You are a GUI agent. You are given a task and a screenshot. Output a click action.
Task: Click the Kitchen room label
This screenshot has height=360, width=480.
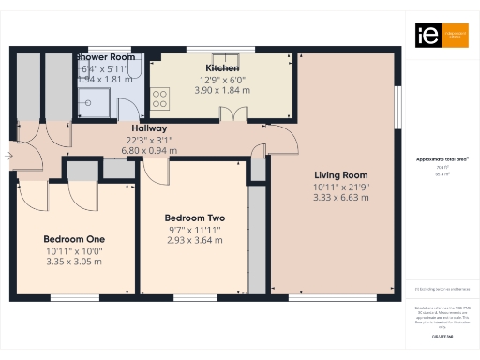222,68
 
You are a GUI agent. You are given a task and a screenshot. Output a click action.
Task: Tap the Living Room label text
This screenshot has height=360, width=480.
340,175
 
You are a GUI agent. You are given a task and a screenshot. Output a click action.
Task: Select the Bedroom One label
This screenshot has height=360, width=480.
74,239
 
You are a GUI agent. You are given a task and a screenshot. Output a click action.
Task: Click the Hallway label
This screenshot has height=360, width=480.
149,128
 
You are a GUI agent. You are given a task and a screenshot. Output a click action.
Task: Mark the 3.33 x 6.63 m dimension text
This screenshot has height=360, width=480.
340,198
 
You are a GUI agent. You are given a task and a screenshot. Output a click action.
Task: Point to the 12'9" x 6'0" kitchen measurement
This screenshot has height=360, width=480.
222,79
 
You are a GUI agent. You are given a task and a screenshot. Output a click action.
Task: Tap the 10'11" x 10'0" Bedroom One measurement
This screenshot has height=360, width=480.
74,250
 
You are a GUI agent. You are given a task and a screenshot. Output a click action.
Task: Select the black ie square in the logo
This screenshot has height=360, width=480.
423,36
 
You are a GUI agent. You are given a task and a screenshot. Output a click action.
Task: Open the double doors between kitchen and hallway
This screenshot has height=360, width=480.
231,115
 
